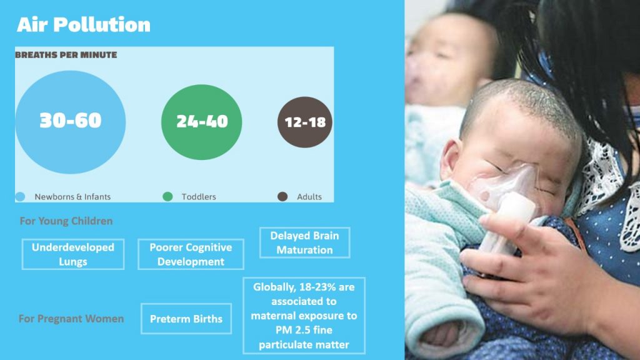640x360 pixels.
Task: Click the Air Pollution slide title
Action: pyautogui.click(x=84, y=24)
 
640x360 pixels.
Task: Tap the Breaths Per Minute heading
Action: pyautogui.click(x=66, y=55)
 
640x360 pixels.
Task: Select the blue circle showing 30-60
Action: pyautogui.click(x=71, y=122)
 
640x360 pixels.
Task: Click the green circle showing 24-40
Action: pyautogui.click(x=202, y=122)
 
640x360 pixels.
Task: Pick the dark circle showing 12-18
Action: pyautogui.click(x=305, y=122)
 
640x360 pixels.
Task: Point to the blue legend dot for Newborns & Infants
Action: pyautogui.click(x=20, y=197)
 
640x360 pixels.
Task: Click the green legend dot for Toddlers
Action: pyautogui.click(x=167, y=197)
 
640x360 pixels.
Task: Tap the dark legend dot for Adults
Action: pyautogui.click(x=282, y=197)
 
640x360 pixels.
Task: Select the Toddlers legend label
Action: pyautogui.click(x=199, y=197)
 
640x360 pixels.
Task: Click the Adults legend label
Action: pyautogui.click(x=309, y=197)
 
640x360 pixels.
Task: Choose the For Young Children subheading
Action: pyautogui.click(x=66, y=221)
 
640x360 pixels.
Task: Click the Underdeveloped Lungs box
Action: pyautogui.click(x=73, y=254)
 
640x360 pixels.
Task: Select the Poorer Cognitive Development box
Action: pyautogui.click(x=191, y=254)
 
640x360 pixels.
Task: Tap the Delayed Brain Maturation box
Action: pyautogui.click(x=305, y=242)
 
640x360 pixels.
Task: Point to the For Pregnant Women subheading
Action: pyautogui.click(x=71, y=318)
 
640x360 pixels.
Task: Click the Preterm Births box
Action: pyautogui.click(x=186, y=319)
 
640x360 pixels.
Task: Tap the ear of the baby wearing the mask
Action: pyautogui.click(x=452, y=161)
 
